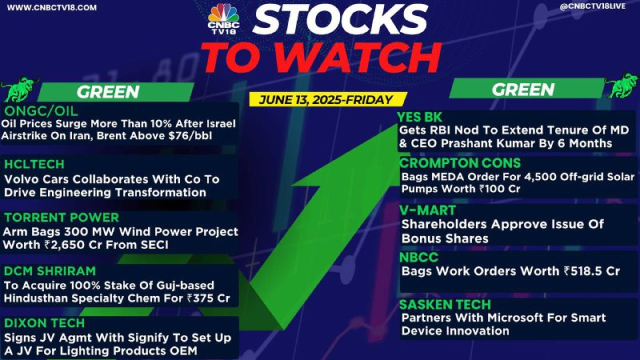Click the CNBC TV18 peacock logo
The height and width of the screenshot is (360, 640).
click(223, 18)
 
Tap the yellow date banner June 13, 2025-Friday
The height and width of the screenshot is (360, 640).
click(326, 99)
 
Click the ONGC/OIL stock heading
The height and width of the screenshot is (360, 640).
click(41, 111)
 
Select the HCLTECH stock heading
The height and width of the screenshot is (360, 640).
click(34, 165)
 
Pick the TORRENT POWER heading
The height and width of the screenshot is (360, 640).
click(62, 218)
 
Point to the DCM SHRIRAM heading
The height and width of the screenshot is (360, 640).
click(50, 271)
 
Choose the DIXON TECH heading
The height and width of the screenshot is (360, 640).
click(44, 323)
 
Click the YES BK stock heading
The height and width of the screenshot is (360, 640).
click(420, 118)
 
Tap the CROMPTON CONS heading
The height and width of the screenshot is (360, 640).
click(460, 163)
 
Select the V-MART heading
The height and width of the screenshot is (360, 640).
click(427, 210)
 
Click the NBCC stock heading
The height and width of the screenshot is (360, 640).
click(418, 258)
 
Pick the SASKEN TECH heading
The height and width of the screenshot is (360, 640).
click(445, 305)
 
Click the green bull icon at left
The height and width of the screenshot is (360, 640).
click(19, 89)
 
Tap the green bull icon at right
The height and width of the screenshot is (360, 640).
click(622, 86)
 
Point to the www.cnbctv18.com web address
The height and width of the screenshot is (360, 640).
click(52, 7)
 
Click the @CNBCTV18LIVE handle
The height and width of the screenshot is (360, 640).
click(593, 6)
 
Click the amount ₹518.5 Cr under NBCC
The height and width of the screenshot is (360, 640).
click(591, 271)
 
